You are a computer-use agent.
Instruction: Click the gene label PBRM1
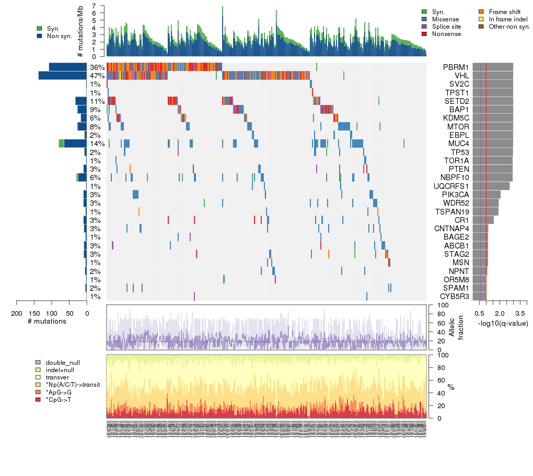pyautogui.click(x=455, y=67)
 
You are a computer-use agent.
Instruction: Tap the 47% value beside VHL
pyautogui.click(x=96, y=76)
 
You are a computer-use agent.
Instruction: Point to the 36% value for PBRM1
pyautogui.click(x=96, y=67)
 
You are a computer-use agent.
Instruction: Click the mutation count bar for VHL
pyautogui.click(x=62, y=76)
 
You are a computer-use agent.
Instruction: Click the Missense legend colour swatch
pyautogui.click(x=424, y=19)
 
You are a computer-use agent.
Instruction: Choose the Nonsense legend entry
pyautogui.click(x=447, y=34)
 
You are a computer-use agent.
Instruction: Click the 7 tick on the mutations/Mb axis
pyautogui.click(x=94, y=6)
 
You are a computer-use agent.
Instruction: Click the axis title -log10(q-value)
pyautogui.click(x=503, y=323)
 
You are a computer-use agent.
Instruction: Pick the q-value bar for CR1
pyautogui.click(x=483, y=220)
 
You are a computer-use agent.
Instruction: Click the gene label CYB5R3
pyautogui.click(x=454, y=296)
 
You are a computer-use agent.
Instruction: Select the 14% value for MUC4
pyautogui.click(x=96, y=144)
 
